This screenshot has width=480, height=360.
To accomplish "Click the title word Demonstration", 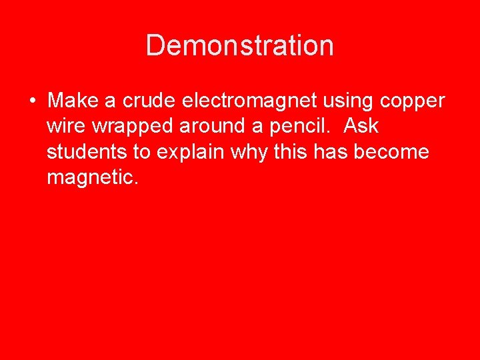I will pyautogui.click(x=239, y=45).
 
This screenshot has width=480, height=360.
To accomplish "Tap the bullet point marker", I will pyautogui.click(x=32, y=101).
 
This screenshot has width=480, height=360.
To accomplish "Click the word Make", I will pyautogui.click(x=73, y=101).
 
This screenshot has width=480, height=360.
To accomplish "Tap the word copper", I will pyautogui.click(x=413, y=102).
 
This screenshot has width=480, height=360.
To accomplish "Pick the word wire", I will pyautogui.click(x=65, y=126).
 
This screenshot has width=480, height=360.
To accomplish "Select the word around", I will pyautogui.click(x=209, y=126).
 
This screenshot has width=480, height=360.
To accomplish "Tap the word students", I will pyautogui.click(x=89, y=152).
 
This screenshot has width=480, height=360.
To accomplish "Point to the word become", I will pyautogui.click(x=392, y=152).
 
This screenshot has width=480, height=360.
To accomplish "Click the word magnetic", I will pyautogui.click(x=92, y=177).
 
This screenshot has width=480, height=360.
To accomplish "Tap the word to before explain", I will pyautogui.click(x=142, y=152).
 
